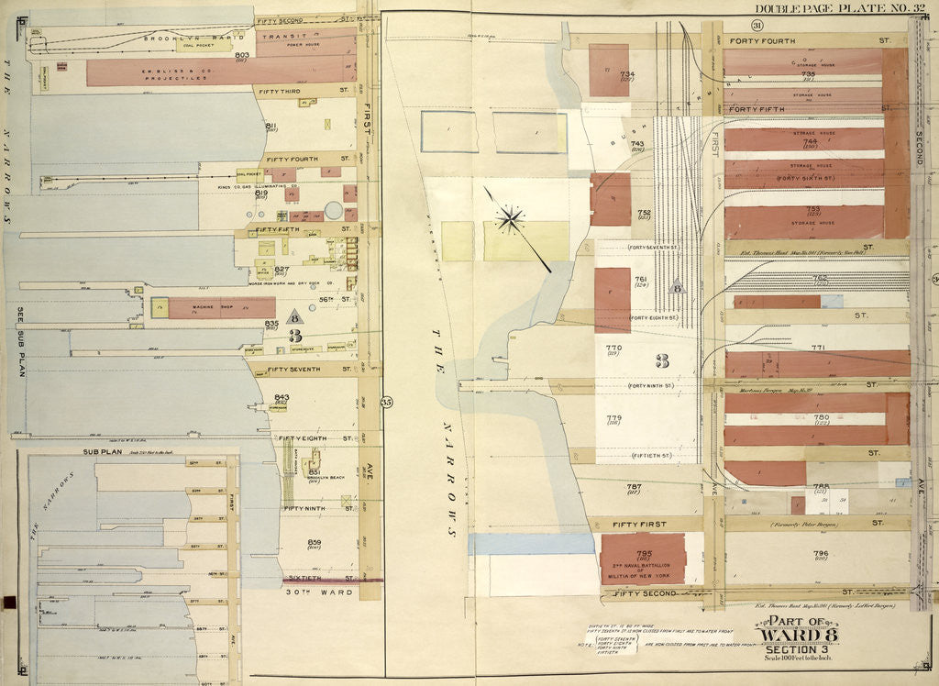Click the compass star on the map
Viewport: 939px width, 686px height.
click(x=510, y=218)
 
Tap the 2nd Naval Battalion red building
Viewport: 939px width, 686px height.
click(x=642, y=559)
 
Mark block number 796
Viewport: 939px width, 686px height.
click(x=820, y=553)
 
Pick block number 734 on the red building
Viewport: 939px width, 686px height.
click(x=627, y=74)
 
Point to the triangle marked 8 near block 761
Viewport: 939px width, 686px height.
click(x=677, y=285)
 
